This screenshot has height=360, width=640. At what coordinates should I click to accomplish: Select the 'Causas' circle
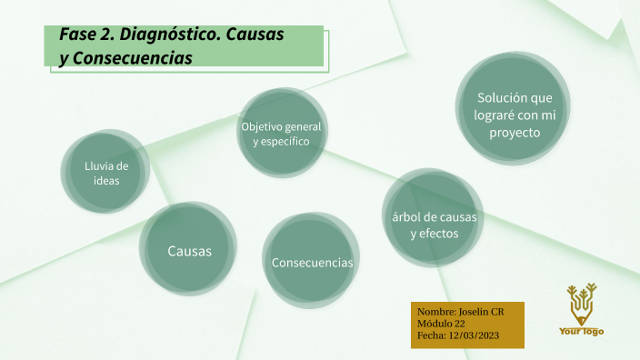(189, 250)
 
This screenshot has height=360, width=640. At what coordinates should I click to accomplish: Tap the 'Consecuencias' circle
(312, 262)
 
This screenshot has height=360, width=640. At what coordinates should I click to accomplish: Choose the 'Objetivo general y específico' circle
(281, 133)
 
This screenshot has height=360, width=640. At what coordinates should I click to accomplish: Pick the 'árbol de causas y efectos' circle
(433, 225)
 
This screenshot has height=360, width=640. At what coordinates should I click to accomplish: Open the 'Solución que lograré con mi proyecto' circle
(515, 114)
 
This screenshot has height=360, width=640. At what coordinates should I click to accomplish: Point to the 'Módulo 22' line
(441, 324)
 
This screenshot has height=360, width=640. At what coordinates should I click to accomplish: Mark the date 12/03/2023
(474, 335)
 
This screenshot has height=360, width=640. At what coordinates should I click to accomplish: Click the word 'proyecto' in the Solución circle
(515, 133)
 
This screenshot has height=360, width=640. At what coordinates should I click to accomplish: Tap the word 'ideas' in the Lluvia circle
(106, 181)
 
